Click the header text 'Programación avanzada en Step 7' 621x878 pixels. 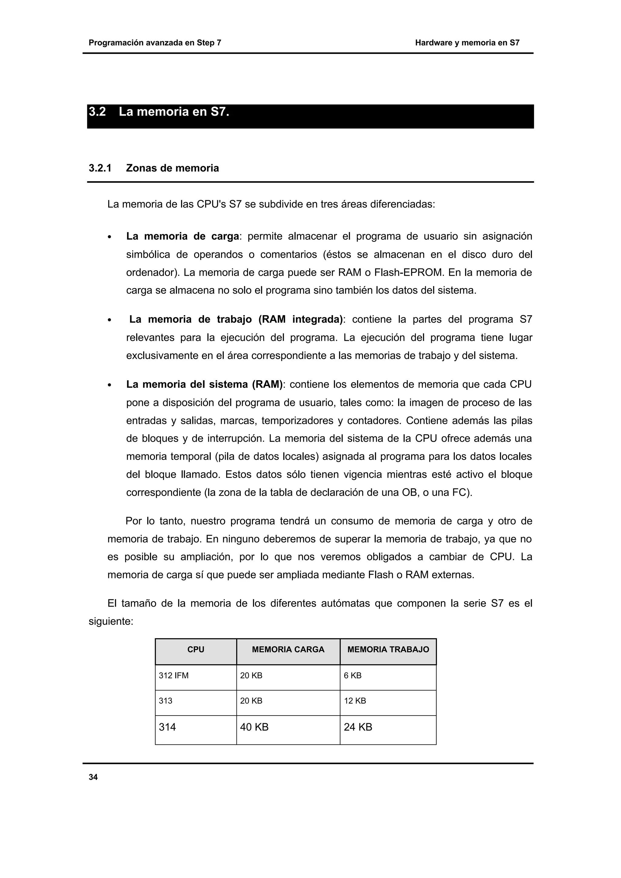click(155, 43)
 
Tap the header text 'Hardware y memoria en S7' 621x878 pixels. click(467, 43)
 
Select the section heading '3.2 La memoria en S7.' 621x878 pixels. click(159, 112)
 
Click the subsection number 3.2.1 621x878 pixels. click(100, 168)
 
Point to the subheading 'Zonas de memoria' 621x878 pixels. click(172, 168)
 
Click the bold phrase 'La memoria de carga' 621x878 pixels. click(183, 236)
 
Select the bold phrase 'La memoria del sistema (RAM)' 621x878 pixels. click(204, 384)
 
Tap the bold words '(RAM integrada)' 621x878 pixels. click(300, 319)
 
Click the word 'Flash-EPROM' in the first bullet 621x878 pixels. click(410, 273)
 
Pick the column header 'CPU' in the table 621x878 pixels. click(196, 649)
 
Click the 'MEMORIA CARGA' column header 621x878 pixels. click(288, 649)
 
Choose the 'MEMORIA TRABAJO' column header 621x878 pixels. click(388, 649)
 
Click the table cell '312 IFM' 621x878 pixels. click(174, 676)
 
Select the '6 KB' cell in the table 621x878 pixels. click(352, 676)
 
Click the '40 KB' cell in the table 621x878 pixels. click(254, 727)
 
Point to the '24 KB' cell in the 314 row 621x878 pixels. click(358, 727)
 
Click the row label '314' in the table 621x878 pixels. click(167, 727)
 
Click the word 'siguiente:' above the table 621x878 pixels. click(111, 622)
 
